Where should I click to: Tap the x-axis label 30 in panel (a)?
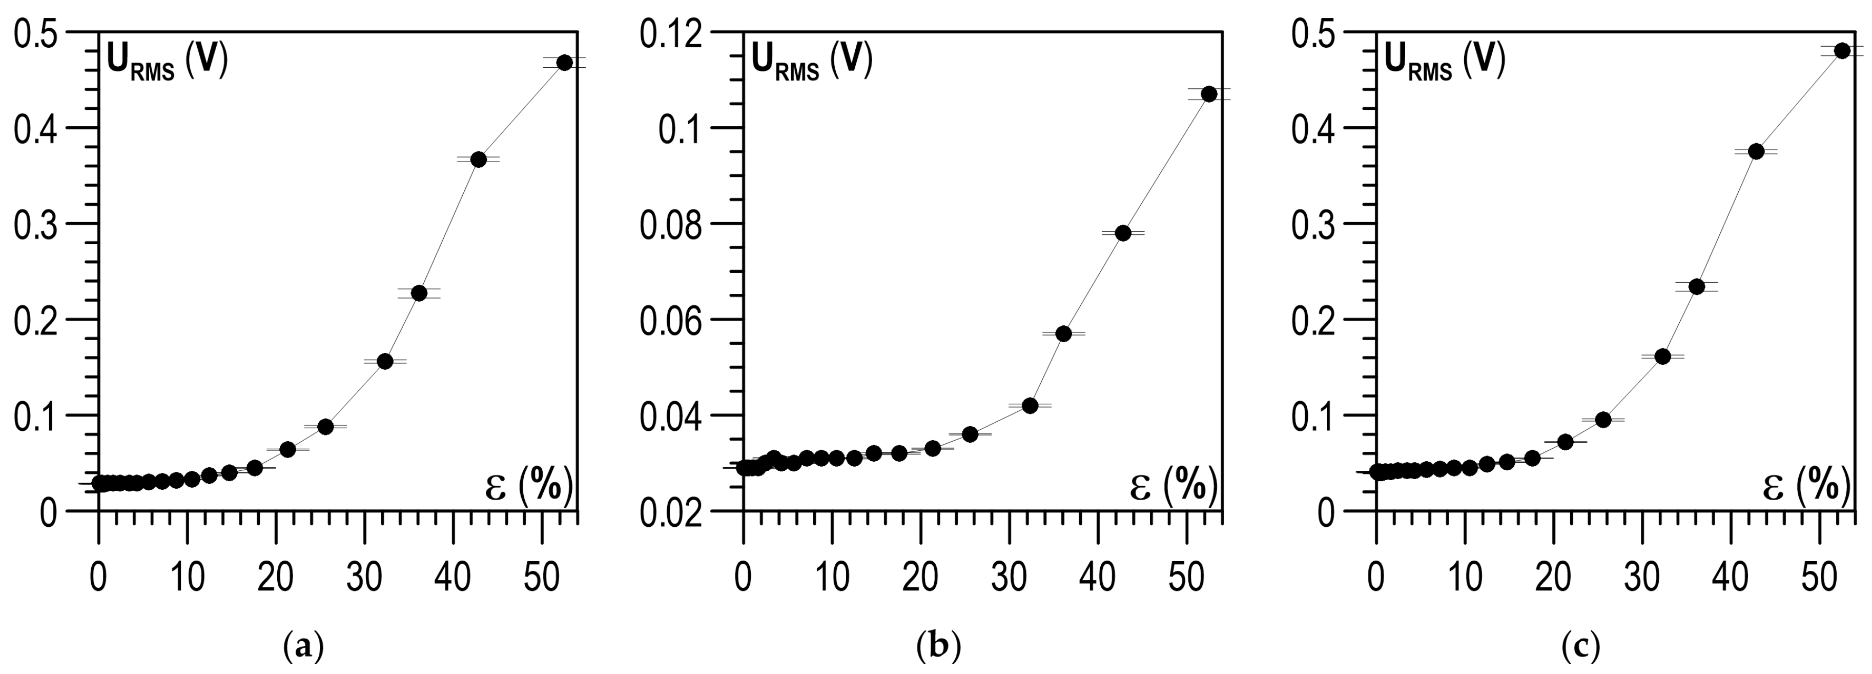(x=364, y=578)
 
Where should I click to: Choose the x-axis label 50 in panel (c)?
(x=1819, y=578)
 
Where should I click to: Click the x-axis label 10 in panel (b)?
(x=831, y=578)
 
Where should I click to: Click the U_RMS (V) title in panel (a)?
(x=167, y=61)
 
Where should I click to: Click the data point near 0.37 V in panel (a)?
(x=478, y=159)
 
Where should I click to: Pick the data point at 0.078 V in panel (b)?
(x=1123, y=233)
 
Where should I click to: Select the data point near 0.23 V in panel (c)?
(x=1697, y=286)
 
